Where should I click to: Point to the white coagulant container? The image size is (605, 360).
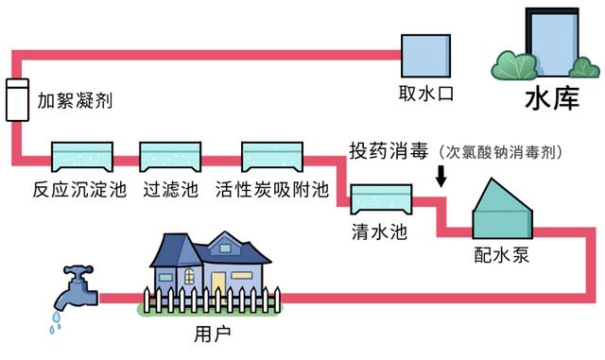click(x=17, y=99)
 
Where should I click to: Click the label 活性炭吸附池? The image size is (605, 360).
click(x=271, y=188)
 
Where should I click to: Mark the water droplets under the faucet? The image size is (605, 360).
click(x=55, y=323)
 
